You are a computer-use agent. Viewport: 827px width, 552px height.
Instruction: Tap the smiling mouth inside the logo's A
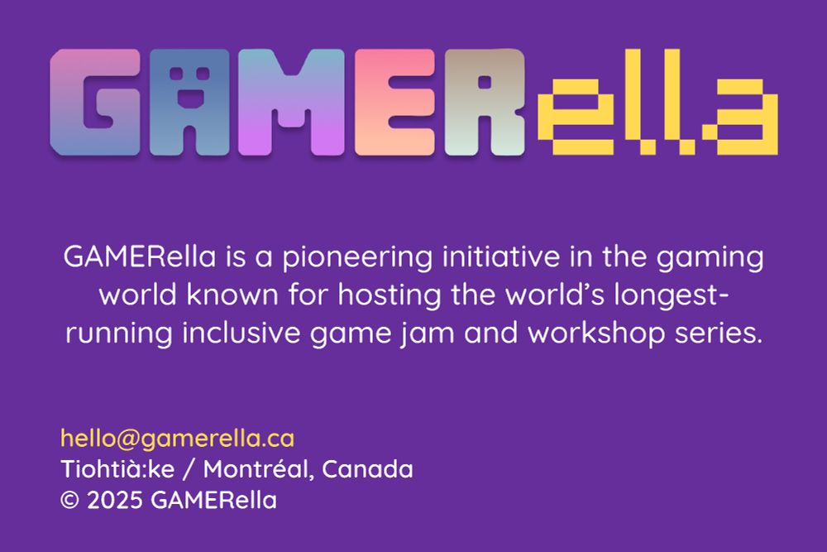(x=189, y=98)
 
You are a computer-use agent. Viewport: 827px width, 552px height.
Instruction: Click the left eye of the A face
(x=176, y=73)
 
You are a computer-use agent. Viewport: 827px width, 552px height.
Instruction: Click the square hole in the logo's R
(x=484, y=82)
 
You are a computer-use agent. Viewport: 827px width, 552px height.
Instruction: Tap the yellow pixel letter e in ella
(x=576, y=117)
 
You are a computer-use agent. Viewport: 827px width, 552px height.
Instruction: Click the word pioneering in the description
(x=357, y=257)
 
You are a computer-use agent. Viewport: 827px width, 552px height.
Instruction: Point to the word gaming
(x=710, y=258)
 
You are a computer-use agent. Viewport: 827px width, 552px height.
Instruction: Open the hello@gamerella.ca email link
(x=177, y=439)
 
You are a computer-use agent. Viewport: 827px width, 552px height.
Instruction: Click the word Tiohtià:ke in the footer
(x=117, y=468)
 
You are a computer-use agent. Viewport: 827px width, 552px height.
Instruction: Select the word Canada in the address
(x=368, y=468)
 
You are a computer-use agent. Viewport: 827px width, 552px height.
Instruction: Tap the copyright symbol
(x=69, y=500)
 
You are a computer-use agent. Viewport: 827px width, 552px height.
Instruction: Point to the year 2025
(x=114, y=500)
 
